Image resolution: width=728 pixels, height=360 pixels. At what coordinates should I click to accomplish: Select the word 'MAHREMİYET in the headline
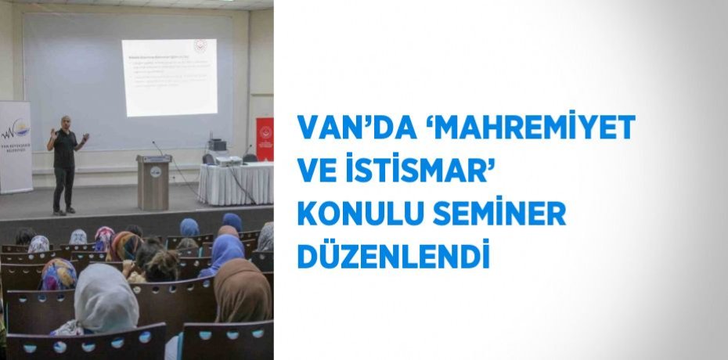point(521,128)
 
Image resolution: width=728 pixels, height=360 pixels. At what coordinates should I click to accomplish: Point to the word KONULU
point(354,214)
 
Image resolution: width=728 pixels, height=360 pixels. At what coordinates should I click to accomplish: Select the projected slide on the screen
point(169,77)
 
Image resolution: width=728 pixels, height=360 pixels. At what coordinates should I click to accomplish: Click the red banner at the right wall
point(265,139)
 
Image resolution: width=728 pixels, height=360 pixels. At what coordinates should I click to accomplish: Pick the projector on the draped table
point(228,160)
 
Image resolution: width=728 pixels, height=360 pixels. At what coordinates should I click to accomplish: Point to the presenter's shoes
point(64,211)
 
